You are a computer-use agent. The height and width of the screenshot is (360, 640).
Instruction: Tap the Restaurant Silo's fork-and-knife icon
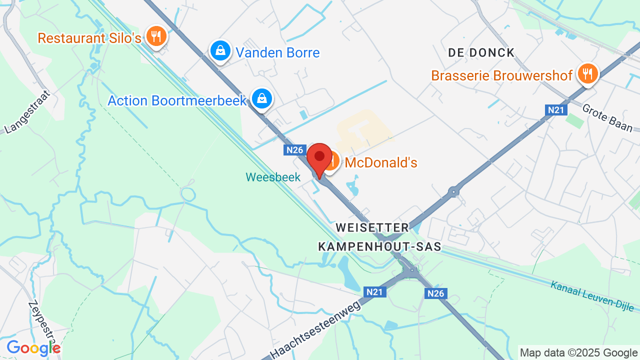pyautogui.click(x=156, y=35)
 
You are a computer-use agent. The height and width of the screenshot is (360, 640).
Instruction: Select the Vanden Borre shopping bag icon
pyautogui.click(x=220, y=50)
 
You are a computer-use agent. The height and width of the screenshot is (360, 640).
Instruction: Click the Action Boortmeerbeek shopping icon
pyautogui.click(x=261, y=98)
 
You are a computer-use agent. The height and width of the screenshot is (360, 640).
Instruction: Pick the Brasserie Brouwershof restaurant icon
pyautogui.click(x=587, y=73)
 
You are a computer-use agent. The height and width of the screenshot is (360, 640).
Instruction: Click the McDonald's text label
pyautogui.click(x=381, y=162)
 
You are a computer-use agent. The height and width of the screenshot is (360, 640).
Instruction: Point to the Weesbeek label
pyautogui.click(x=273, y=177)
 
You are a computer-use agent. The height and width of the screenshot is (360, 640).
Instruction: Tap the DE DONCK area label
pyautogui.click(x=481, y=52)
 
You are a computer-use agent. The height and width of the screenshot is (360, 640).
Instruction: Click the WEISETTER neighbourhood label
pyautogui.click(x=372, y=227)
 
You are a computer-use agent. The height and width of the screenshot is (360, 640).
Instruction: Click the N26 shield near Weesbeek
pyautogui.click(x=295, y=149)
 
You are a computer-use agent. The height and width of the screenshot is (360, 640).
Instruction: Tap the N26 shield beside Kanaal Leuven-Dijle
pyautogui.click(x=436, y=293)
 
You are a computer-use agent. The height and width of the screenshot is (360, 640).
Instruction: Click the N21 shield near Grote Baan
pyautogui.click(x=555, y=110)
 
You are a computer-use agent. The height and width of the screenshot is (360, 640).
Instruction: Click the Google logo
pyautogui.click(x=33, y=348)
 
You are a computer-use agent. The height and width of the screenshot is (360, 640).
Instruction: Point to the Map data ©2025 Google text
pyautogui.click(x=578, y=353)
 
